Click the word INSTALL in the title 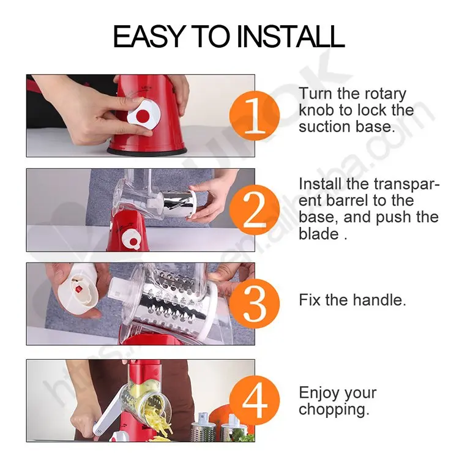[291, 36]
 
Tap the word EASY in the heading [149, 36]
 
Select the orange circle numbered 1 [255, 116]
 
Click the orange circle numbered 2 [255, 209]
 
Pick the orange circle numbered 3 [255, 304]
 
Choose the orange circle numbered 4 [255, 400]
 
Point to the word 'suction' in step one [324, 127]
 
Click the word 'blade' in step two [318, 234]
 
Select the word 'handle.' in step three [379, 300]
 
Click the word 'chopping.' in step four [334, 409]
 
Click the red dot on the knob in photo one [143, 115]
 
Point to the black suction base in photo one [147, 151]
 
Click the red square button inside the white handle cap [79, 289]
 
